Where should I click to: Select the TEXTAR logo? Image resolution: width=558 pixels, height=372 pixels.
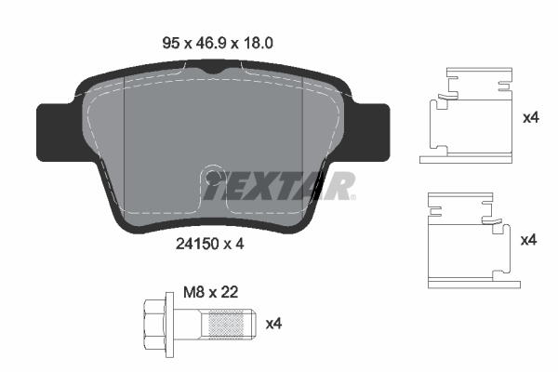tap(279, 186)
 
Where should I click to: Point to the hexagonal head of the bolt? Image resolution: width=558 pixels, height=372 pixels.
tap(152, 324)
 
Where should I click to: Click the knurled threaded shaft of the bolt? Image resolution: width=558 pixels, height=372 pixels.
tap(228, 324)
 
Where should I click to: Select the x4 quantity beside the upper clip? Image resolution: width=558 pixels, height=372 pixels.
tap(531, 118)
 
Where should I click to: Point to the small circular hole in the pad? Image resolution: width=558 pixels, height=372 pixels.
tap(213, 176)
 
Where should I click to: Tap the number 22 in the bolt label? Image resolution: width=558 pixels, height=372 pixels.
tap(229, 291)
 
